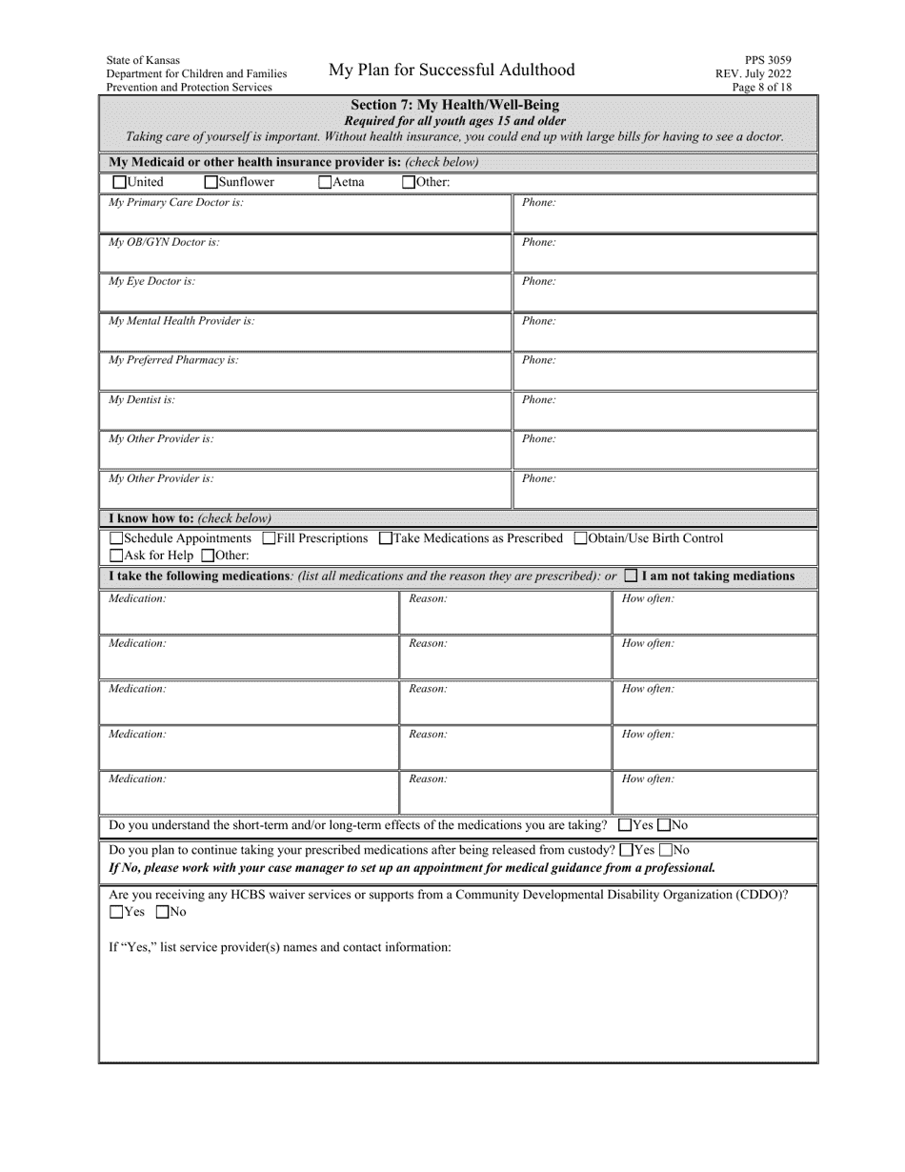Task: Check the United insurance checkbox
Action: coord(119,183)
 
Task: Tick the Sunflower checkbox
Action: coord(211,183)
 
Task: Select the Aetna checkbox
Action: coord(325,183)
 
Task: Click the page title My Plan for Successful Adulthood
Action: coord(452,70)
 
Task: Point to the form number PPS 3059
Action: coord(768,60)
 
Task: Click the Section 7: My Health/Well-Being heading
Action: coord(454,105)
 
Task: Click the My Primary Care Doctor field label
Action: coord(176,203)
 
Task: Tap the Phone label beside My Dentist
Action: coord(538,400)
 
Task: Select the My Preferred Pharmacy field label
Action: coord(173,360)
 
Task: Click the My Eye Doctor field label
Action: coord(152,282)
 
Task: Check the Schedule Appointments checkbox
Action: coord(117,539)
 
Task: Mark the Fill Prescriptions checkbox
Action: coord(270,539)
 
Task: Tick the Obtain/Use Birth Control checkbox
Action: coord(581,539)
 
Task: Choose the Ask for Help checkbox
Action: coord(117,556)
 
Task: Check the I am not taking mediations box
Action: coord(631,576)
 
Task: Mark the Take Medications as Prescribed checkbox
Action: coord(386,539)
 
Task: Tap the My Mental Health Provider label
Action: coord(182,321)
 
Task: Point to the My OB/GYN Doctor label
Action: coord(164,242)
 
